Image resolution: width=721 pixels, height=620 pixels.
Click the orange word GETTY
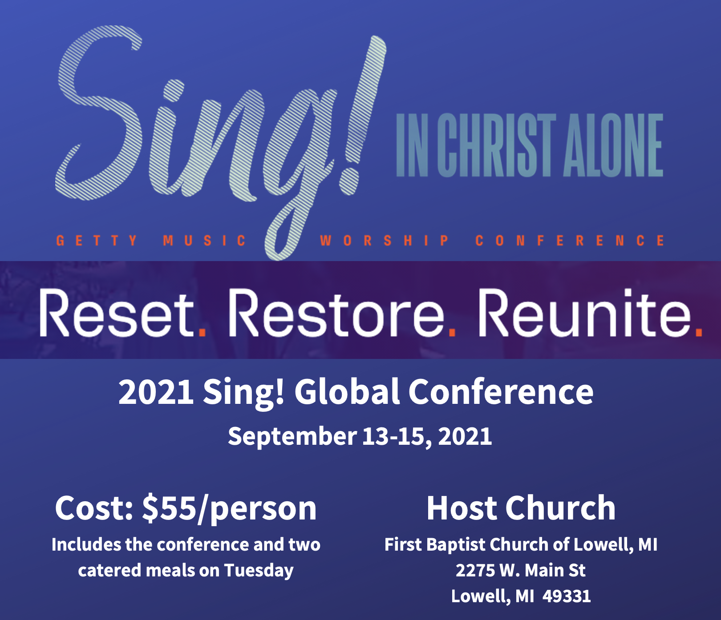click(x=97, y=241)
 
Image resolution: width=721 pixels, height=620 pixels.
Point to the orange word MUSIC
click(x=204, y=241)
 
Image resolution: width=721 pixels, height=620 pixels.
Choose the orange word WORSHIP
click(x=384, y=241)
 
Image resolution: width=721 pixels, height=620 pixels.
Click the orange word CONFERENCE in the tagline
click(x=570, y=241)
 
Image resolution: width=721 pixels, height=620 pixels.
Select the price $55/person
click(x=229, y=508)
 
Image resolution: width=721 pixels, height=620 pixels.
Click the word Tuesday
click(x=259, y=571)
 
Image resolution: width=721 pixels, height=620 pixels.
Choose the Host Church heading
click(x=521, y=508)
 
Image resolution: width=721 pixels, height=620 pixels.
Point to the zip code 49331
click(x=567, y=596)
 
